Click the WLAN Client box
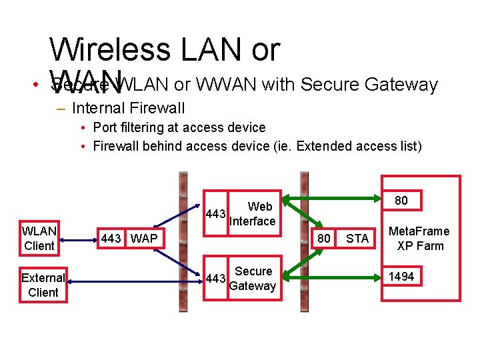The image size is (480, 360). (x=39, y=239)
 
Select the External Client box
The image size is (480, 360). (x=43, y=285)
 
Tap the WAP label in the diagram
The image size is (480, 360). (x=144, y=238)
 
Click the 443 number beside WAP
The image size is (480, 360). (x=111, y=238)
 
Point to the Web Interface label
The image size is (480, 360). (x=252, y=214)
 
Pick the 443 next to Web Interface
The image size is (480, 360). (x=215, y=214)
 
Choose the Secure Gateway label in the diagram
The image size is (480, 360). (x=253, y=279)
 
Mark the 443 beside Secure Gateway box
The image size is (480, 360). (x=215, y=279)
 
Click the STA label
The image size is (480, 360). (x=357, y=238)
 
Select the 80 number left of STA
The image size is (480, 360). (x=323, y=238)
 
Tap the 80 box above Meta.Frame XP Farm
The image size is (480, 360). (x=401, y=201)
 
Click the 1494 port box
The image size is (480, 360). (x=401, y=276)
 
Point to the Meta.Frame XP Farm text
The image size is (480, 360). (x=419, y=238)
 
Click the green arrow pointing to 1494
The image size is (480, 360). (x=333, y=275)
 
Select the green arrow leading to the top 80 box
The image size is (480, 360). (x=333, y=198)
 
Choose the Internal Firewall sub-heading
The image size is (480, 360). (x=128, y=107)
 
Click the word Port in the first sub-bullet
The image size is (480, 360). (x=105, y=127)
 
